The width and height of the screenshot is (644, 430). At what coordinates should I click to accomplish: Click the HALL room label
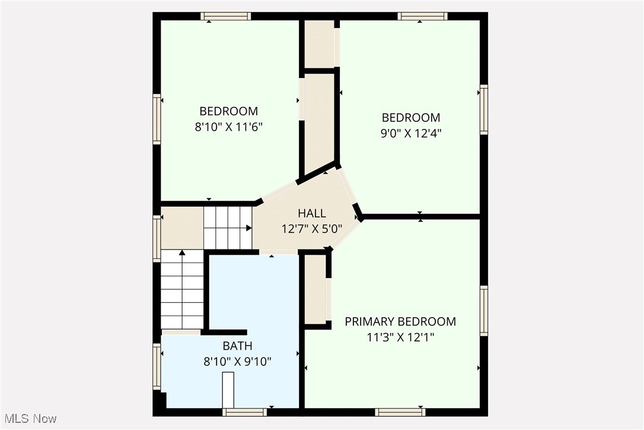312,213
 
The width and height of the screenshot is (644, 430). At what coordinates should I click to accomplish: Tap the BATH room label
237,346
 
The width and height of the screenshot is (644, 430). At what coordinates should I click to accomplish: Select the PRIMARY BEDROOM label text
400,322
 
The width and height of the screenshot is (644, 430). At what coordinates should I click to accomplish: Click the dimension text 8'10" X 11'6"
229,126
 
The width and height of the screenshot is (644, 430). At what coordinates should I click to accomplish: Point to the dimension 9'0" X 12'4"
411,133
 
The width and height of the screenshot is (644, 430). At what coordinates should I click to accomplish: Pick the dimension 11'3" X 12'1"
400,337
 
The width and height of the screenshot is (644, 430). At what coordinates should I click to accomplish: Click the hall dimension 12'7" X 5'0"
312,228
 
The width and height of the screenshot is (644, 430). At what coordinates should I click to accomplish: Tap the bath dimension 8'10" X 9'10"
237,361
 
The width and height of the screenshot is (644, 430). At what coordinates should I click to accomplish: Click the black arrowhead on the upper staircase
248,227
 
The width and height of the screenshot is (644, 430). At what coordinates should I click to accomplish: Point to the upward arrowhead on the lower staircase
183,253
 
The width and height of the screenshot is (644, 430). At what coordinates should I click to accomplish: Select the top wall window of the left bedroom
225,16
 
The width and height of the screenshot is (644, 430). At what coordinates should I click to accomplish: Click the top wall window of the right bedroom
422,16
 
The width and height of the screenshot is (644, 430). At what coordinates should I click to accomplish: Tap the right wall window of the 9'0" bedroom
484,110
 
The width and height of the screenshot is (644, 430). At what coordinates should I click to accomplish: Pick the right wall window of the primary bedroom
484,311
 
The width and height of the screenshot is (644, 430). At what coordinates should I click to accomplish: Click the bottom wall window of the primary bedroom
400,412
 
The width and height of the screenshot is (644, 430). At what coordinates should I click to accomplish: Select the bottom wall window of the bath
244,412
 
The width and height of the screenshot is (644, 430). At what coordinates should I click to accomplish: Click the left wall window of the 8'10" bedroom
157,119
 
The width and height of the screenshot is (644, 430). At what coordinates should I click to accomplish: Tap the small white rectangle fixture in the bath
228,389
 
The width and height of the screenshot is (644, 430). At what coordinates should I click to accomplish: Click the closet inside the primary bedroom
315,290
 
